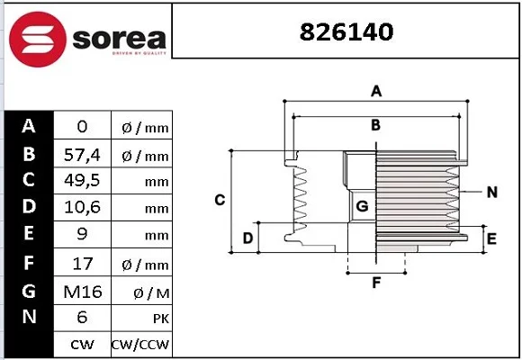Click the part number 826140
coord(346,32)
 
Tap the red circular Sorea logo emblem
coord(38,40)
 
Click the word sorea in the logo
coord(119,39)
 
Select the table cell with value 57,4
coord(82,155)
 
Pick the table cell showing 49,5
coord(82,181)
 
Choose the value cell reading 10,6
coord(82,207)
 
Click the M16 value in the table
coord(83,292)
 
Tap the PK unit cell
coord(142,319)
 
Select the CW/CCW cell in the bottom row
coord(140,345)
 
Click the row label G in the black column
coord(29,291)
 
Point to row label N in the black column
coord(30,317)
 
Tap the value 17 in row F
coord(83,264)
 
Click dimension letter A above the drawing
coord(376,91)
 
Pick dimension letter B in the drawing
coord(375,125)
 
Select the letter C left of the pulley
coord(220,200)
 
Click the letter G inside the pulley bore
coord(362,206)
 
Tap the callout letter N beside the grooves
coord(492,193)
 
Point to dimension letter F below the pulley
coord(376,283)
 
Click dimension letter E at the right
coord(491,238)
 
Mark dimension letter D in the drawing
coord(247,238)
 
